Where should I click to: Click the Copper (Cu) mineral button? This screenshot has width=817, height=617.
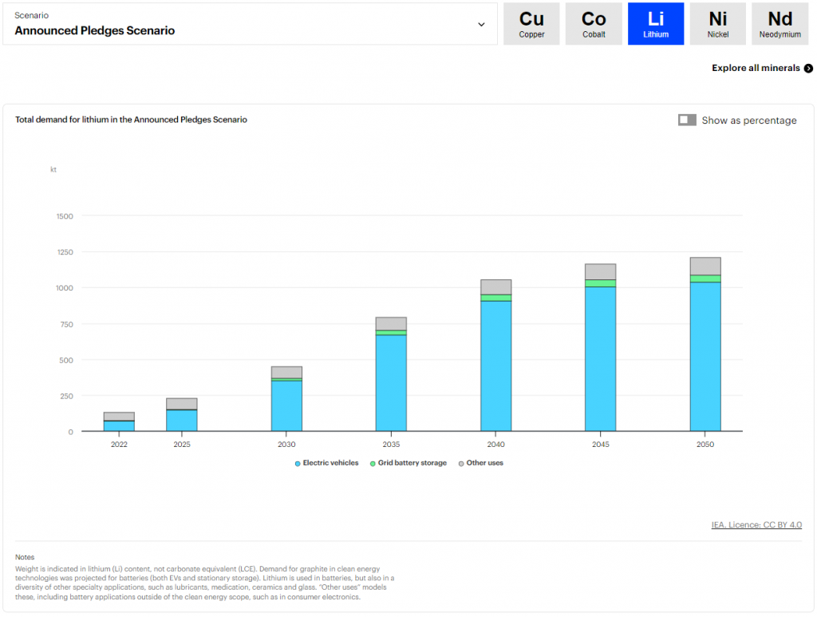pyautogui.click(x=531, y=24)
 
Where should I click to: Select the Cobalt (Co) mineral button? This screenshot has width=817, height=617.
pyautogui.click(x=594, y=24)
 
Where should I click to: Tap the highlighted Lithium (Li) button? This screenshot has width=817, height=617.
pyautogui.click(x=656, y=24)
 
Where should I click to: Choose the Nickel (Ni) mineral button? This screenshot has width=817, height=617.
pyautogui.click(x=718, y=24)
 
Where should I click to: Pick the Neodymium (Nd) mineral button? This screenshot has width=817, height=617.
pyautogui.click(x=780, y=24)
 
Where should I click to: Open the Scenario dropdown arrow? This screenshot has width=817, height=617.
pyautogui.click(x=481, y=24)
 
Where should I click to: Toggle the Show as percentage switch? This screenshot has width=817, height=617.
pyautogui.click(x=687, y=121)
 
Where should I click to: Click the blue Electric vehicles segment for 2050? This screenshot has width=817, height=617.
pyautogui.click(x=705, y=357)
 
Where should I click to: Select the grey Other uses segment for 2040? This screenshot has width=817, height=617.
pyautogui.click(x=495, y=287)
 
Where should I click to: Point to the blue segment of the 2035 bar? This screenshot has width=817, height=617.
pyautogui.click(x=391, y=383)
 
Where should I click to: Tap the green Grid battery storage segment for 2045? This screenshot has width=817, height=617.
pyautogui.click(x=600, y=283)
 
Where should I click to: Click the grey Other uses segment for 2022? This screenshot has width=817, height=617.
pyautogui.click(x=119, y=416)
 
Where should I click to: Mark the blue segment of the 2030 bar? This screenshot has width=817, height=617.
pyautogui.click(x=286, y=406)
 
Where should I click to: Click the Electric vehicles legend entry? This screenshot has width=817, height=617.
pyautogui.click(x=327, y=463)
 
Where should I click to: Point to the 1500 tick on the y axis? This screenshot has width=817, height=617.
pyautogui.click(x=65, y=216)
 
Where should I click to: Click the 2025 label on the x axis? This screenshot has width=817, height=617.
pyautogui.click(x=182, y=445)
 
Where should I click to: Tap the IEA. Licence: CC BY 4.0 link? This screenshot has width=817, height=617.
pyautogui.click(x=756, y=525)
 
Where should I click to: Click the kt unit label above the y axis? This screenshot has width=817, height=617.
pyautogui.click(x=53, y=169)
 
